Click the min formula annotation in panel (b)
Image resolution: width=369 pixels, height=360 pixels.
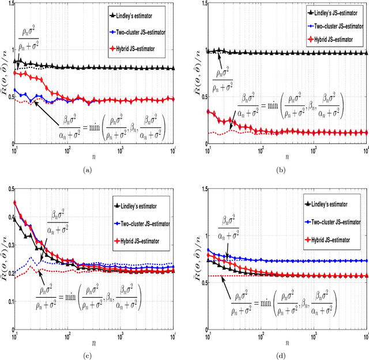289,105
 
